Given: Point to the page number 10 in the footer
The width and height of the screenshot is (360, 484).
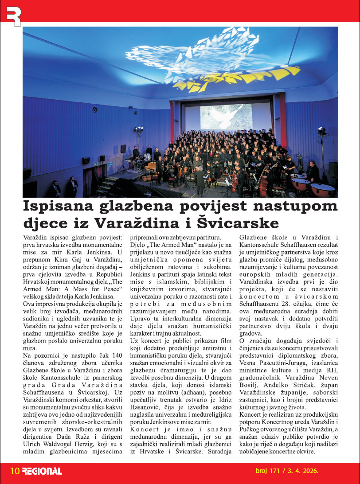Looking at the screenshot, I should [15, 471].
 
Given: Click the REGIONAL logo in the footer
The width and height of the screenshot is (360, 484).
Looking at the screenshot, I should [42, 471].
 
